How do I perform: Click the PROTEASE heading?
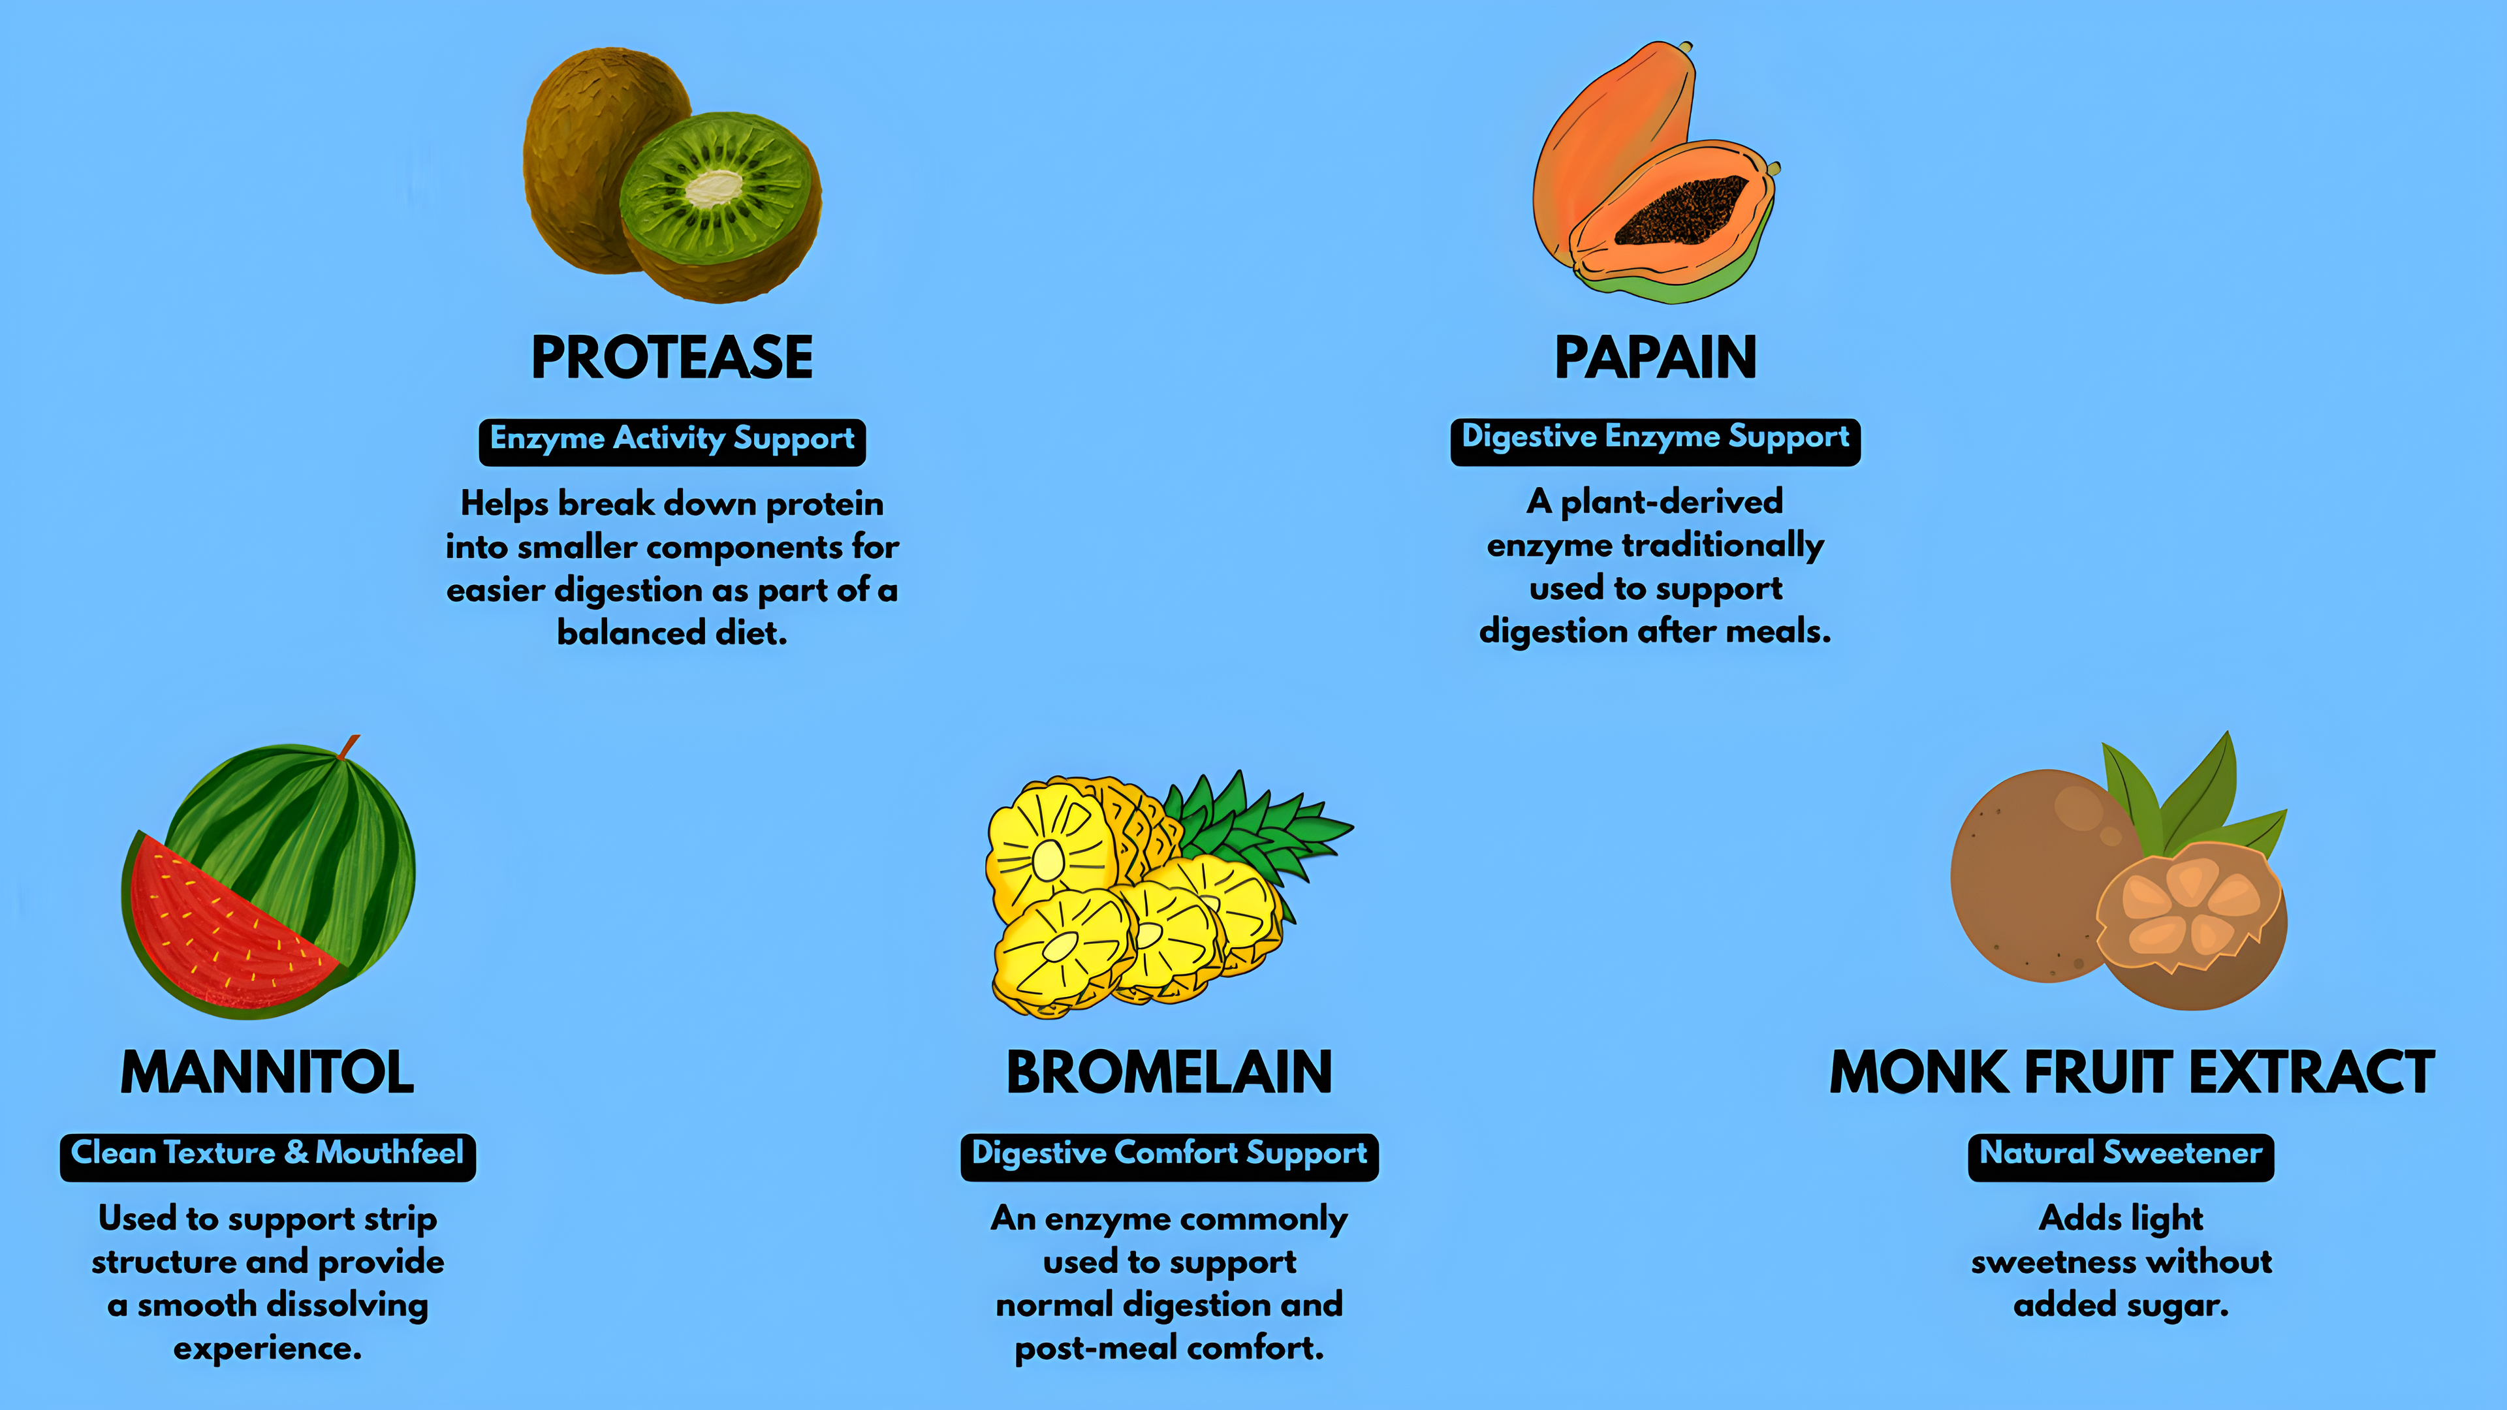[x=672, y=357]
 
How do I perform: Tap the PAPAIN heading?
[x=1656, y=357]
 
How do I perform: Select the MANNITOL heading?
[x=268, y=1073]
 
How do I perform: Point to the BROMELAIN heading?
[x=1169, y=1073]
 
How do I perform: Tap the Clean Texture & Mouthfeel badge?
[x=268, y=1157]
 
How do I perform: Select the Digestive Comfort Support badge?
[x=1169, y=1157]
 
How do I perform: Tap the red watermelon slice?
[x=219, y=924]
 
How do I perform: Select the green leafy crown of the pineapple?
[x=1255, y=832]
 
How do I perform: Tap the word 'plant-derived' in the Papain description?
[x=1672, y=502]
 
